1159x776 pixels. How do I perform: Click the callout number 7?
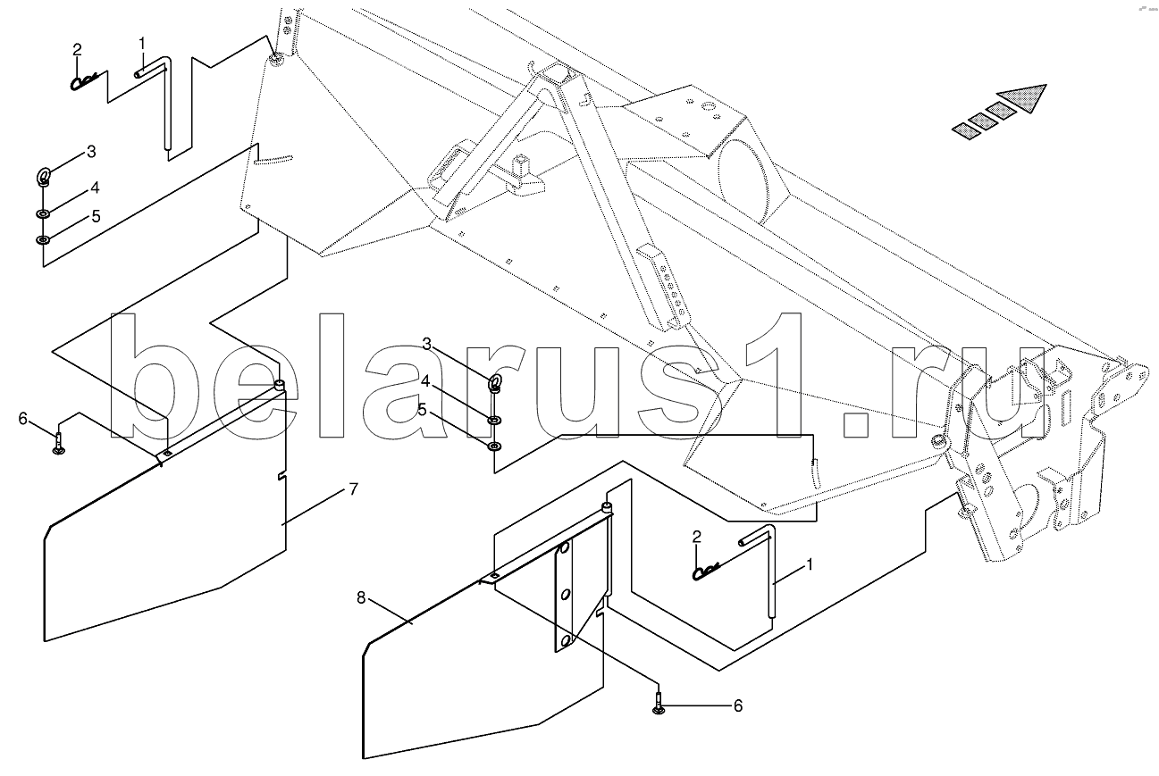353,489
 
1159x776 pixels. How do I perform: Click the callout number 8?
361,597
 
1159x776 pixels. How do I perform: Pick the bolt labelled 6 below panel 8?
659,705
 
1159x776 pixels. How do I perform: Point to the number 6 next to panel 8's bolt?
738,705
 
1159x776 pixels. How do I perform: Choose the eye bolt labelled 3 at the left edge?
44,177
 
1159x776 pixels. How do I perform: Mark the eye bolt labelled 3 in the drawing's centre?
495,383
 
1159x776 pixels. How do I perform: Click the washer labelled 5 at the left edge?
43,240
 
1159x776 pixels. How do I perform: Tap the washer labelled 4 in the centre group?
494,421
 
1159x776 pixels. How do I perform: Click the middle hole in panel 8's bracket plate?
566,596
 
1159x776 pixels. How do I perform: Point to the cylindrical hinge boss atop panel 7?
280,385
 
